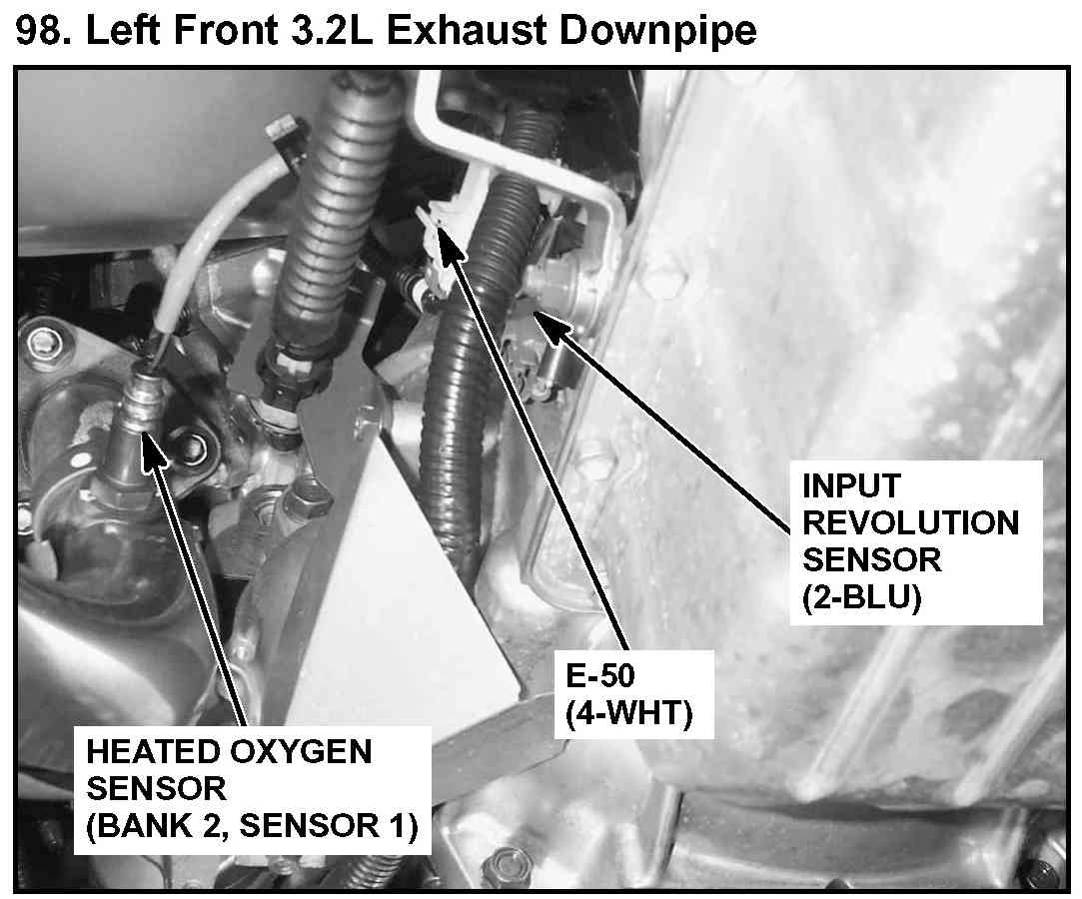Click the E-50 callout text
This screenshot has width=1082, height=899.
[599, 676]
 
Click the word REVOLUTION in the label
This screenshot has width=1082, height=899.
[911, 523]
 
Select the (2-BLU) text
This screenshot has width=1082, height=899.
[862, 597]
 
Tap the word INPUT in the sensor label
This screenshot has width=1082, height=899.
[851, 485]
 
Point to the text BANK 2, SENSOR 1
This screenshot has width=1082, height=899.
[252, 826]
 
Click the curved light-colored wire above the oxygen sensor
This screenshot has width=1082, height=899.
[207, 228]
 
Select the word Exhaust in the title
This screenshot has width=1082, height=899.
[467, 30]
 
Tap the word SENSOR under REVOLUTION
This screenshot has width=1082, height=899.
[871, 560]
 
